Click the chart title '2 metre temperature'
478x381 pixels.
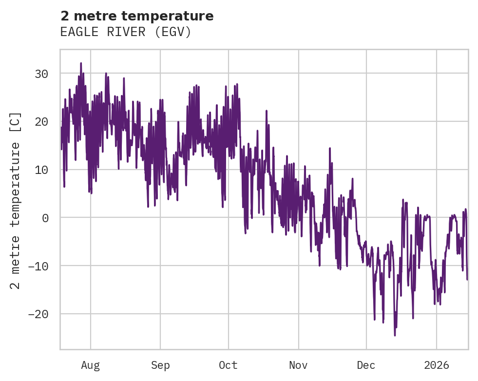137,16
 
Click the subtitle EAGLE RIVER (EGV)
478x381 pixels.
126,32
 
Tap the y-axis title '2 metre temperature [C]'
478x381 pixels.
16,200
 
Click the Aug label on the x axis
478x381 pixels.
90,365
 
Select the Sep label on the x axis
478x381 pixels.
160,365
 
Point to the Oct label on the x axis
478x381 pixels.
228,365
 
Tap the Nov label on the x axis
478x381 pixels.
298,365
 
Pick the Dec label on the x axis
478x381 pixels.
366,365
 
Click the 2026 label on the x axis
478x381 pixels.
436,365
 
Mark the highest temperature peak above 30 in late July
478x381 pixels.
81,63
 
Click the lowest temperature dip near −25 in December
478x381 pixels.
395,335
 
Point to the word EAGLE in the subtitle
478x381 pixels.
76,32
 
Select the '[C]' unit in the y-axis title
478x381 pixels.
16,122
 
